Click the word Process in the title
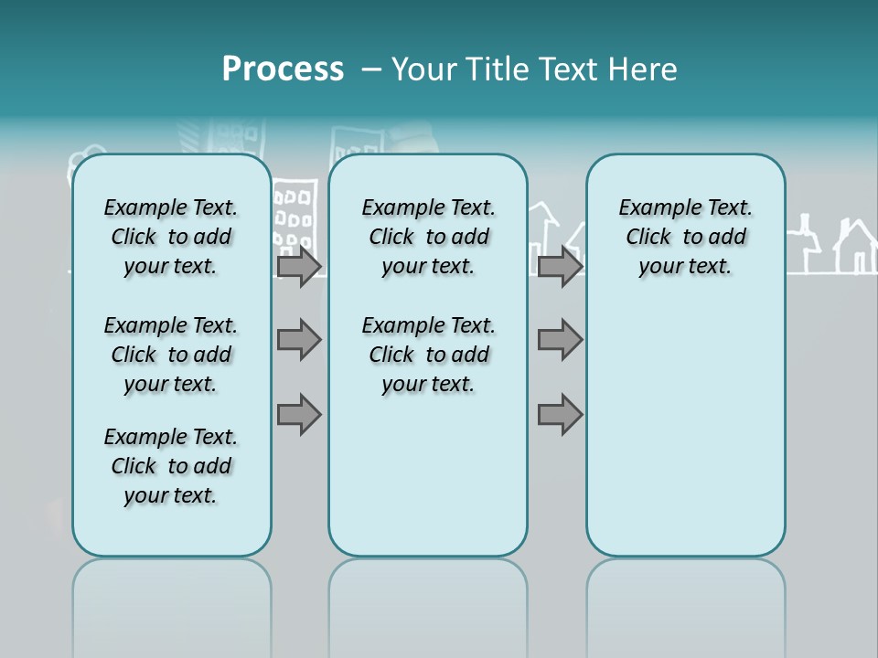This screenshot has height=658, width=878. coord(283,69)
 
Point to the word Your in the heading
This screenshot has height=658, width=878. coord(424,69)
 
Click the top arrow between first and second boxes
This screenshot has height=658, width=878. coord(299,267)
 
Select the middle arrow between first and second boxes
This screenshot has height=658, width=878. coord(299,340)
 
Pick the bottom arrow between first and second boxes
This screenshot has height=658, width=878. coord(299,414)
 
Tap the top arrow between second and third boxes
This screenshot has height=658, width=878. coord(560,267)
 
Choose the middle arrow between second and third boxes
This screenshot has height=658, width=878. coord(560,340)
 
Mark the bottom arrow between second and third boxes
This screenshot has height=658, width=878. coord(560,414)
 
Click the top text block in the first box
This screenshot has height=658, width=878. coord(171,237)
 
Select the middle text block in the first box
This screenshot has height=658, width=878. coord(171,355)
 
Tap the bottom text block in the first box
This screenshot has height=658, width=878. coord(171,466)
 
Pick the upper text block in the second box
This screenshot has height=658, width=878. coord(428,237)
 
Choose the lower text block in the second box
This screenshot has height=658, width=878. coord(428,355)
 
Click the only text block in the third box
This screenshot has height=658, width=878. coord(685,237)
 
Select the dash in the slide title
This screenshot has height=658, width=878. coord(371,69)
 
